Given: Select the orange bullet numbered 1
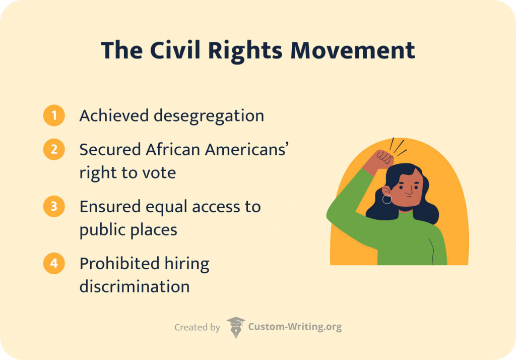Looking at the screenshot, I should pos(54,116).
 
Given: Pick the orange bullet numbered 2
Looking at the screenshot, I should pos(54,150).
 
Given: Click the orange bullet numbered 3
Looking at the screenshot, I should pos(54,207).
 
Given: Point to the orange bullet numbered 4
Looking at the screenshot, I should pos(54,264).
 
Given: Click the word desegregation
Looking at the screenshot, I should pos(209,116).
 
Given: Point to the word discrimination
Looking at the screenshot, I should pos(135,287).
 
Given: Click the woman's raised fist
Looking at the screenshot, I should pos(383,159).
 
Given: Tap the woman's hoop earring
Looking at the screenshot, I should pos(387,200).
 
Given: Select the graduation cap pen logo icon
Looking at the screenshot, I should pos(235,327).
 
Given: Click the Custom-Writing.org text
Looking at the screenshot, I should pos(295,327).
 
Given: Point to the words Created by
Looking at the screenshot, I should pos(197,327).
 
